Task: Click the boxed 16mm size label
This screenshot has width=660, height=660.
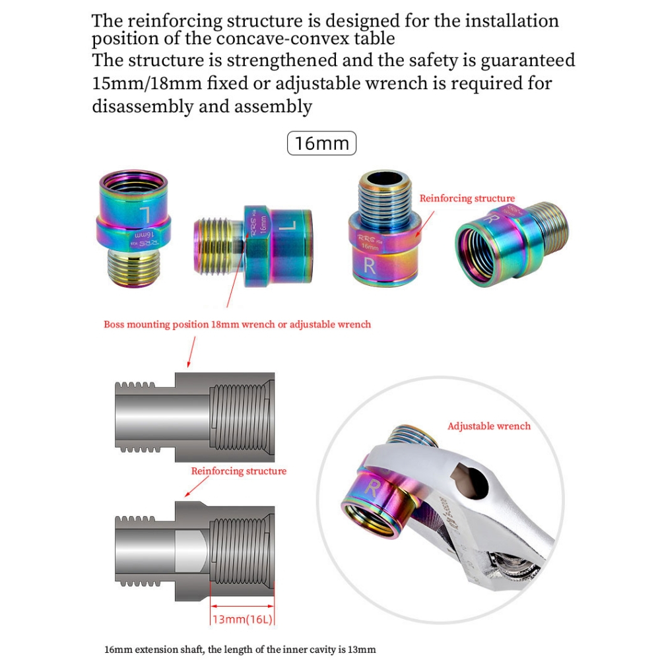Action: tap(321, 143)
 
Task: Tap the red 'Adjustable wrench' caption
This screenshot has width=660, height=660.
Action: tap(488, 426)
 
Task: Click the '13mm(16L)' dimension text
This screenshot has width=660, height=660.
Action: tap(242, 619)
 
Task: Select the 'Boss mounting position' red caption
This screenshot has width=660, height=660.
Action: tap(238, 324)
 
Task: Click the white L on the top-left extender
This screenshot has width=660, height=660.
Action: tap(146, 215)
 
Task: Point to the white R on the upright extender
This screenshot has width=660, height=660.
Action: tap(369, 265)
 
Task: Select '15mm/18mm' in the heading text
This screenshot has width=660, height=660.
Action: tap(147, 83)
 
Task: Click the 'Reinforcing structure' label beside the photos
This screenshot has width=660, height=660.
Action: tap(467, 198)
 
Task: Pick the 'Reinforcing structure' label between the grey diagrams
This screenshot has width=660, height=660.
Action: tap(239, 471)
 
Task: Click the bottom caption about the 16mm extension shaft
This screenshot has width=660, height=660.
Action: tap(240, 649)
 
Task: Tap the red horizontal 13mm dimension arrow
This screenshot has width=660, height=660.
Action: tap(242, 606)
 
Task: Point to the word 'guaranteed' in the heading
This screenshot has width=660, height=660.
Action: tap(528, 60)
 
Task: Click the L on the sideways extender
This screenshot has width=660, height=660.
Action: tap(287, 225)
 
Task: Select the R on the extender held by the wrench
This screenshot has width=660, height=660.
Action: tap(372, 488)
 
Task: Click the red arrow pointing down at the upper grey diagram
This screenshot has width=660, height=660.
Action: tap(191, 352)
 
